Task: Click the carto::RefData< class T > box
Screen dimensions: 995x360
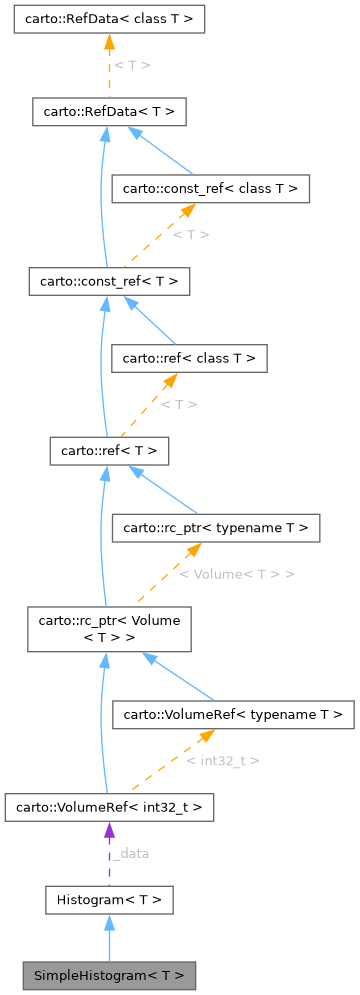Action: [x=109, y=19]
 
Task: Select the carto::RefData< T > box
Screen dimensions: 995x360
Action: [x=109, y=112]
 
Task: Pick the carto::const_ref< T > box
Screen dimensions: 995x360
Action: [x=109, y=282]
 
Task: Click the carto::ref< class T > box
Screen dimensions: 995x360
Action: [x=189, y=357]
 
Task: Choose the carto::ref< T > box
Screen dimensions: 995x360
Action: [x=109, y=451]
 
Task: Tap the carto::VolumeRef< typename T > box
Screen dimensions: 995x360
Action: [x=234, y=715]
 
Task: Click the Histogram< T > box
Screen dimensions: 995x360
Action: [x=109, y=901]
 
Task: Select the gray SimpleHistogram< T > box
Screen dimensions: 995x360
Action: [x=109, y=975]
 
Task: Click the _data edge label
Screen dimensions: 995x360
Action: [x=130, y=854]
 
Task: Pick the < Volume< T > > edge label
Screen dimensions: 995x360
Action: [x=236, y=574]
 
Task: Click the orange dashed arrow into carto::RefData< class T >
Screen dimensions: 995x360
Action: [x=109, y=65]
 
